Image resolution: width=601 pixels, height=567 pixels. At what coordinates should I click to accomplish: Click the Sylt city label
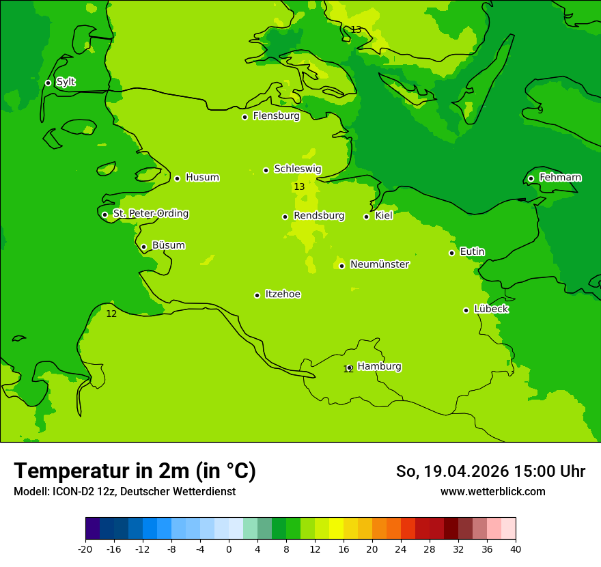tap(66, 82)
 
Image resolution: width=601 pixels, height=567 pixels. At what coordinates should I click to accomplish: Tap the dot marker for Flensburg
tap(244, 117)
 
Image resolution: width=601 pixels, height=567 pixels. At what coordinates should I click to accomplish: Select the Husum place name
tap(202, 178)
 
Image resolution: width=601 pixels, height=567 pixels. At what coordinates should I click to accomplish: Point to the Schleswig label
tap(297, 169)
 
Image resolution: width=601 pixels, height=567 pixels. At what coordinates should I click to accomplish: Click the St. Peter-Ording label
tap(150, 214)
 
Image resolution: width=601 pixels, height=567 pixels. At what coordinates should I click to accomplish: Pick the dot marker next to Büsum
tap(143, 247)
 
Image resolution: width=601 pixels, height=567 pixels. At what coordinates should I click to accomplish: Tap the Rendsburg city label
tap(318, 216)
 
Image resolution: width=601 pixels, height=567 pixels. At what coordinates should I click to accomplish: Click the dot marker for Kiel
tap(366, 217)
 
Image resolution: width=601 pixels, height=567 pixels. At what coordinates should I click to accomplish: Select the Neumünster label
tap(379, 264)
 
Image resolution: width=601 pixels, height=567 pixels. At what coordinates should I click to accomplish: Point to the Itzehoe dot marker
tap(257, 295)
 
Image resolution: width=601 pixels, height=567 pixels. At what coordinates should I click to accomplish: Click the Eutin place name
tap(472, 252)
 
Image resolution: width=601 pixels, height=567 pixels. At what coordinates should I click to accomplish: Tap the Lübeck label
tap(490, 309)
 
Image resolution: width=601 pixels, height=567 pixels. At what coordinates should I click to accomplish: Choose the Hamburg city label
tap(379, 366)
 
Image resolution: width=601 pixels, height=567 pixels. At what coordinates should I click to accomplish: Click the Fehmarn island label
tap(560, 178)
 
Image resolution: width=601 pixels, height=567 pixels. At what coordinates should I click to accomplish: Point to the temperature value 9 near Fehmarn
tap(540, 109)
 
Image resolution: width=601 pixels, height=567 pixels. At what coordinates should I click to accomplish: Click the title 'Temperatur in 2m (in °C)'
tap(135, 471)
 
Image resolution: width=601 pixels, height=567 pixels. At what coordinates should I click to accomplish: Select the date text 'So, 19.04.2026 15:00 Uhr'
tap(490, 471)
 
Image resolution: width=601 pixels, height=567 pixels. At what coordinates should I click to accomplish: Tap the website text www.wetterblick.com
tap(492, 491)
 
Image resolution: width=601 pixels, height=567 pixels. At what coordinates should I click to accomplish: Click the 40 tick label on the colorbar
tap(516, 549)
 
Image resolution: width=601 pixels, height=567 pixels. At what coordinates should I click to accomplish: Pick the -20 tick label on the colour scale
tap(85, 549)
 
